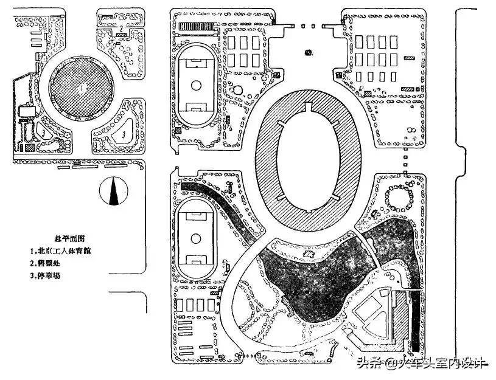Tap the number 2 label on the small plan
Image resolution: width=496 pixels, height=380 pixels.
tap(122, 27)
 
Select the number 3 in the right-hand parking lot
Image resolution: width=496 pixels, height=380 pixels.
tap(124, 133)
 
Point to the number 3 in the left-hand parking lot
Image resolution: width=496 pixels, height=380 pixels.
tap(44, 130)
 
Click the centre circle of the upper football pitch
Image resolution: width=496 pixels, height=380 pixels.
tap(196, 86)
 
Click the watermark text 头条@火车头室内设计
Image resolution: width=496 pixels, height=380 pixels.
tap(420, 364)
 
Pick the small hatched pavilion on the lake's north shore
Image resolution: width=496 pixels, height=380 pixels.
tap(286, 302)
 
